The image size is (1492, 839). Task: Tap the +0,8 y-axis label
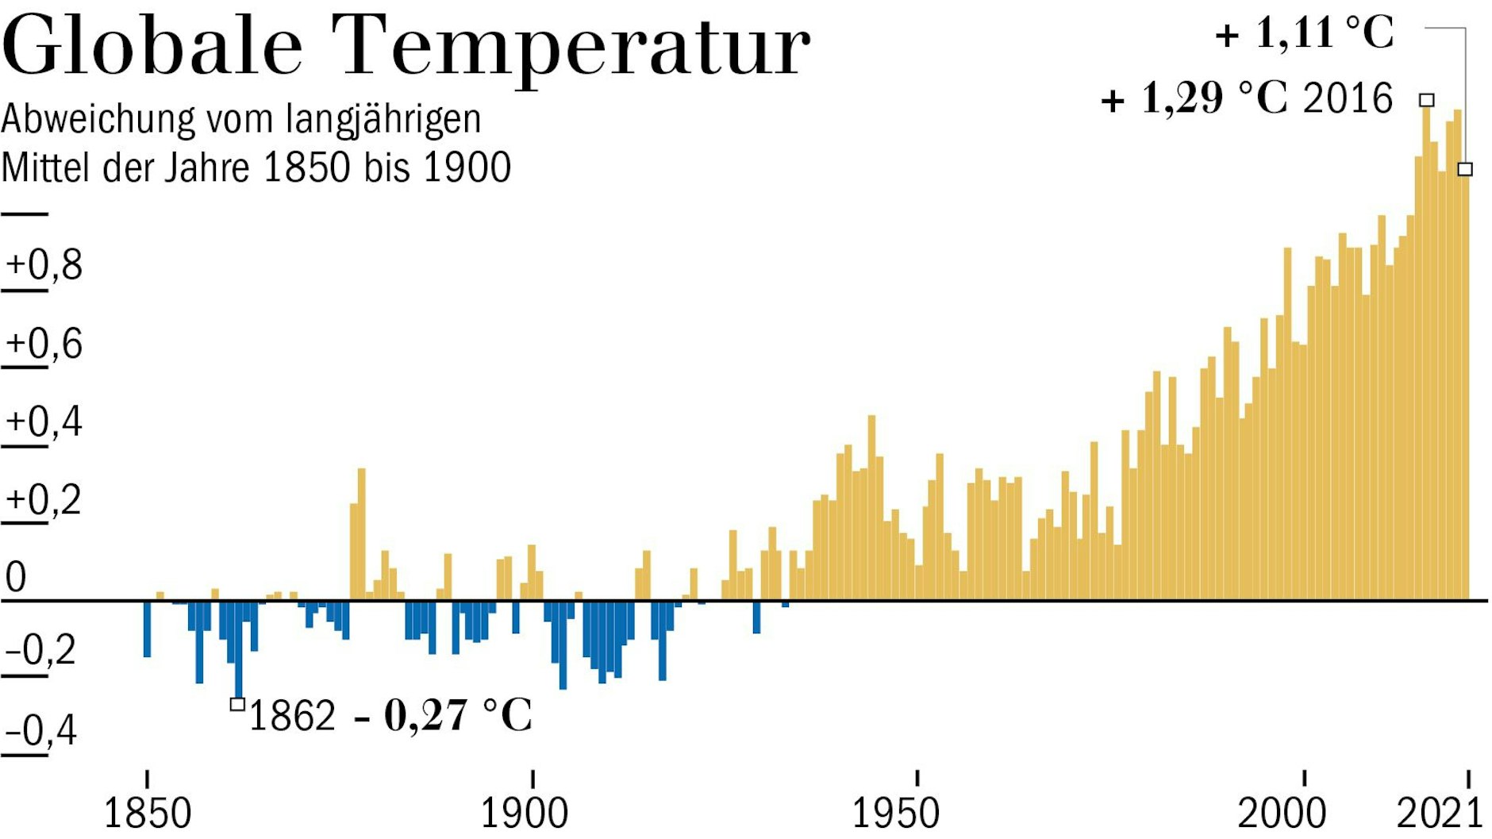click(44, 265)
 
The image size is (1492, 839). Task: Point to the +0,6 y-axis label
click(44, 344)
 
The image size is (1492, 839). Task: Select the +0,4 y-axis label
click(44, 421)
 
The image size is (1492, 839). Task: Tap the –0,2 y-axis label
click(40, 650)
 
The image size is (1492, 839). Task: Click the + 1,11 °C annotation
click(1305, 33)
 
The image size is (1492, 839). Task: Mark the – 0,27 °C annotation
click(443, 715)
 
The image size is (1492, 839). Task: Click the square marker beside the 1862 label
click(237, 704)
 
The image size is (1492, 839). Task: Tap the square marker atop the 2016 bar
click(1426, 100)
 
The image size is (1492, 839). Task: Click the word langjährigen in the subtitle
click(383, 120)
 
